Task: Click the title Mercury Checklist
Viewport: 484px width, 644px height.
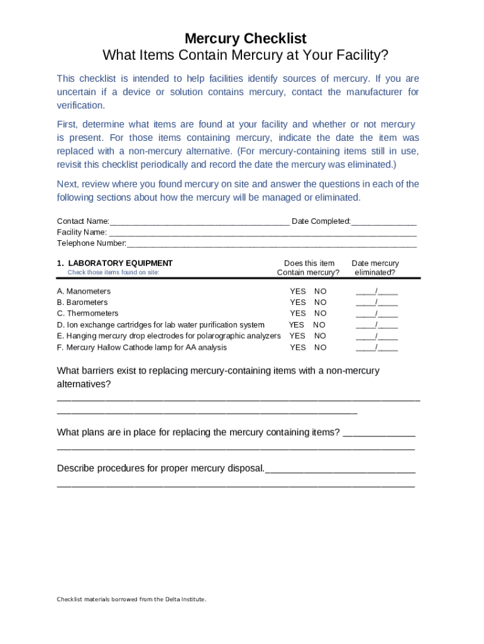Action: click(x=245, y=38)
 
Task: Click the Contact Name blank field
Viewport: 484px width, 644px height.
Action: click(x=199, y=222)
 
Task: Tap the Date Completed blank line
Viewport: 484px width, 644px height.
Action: click(x=383, y=222)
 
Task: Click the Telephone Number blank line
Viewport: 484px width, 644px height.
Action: click(x=272, y=244)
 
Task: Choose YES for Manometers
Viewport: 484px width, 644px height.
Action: click(x=298, y=291)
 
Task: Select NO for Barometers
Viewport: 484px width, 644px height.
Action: click(x=321, y=303)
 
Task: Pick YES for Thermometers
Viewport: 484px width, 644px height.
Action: click(x=298, y=313)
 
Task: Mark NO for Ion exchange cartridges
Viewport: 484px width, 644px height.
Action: click(x=319, y=325)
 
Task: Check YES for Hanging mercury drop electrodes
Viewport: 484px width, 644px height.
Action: click(x=297, y=336)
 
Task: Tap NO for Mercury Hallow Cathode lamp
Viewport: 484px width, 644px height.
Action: click(x=321, y=347)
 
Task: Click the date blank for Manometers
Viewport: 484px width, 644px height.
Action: click(x=377, y=291)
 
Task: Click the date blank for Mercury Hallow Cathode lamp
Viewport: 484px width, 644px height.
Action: click(x=377, y=347)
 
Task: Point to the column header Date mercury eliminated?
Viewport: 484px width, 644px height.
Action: click(x=375, y=268)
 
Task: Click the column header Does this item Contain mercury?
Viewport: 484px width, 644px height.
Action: click(x=309, y=268)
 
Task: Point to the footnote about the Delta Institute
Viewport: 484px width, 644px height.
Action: click(x=131, y=599)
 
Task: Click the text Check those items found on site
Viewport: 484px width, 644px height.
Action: click(x=113, y=272)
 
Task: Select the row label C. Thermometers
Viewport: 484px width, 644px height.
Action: click(x=87, y=313)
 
